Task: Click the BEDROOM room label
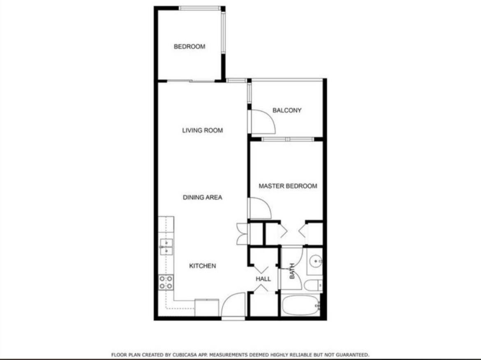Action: pyautogui.click(x=189, y=46)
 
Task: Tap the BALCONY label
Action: pyautogui.click(x=287, y=110)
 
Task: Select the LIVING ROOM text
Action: pyautogui.click(x=202, y=130)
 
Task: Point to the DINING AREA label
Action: pyautogui.click(x=202, y=197)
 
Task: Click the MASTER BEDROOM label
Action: pyautogui.click(x=288, y=186)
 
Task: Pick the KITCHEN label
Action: pyautogui.click(x=202, y=266)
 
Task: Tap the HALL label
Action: pyautogui.click(x=263, y=279)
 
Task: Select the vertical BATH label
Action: pyautogui.click(x=292, y=272)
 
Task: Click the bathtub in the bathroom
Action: pyautogui.click(x=301, y=305)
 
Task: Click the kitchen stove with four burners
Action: pyautogui.click(x=166, y=282)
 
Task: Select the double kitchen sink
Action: pyautogui.click(x=166, y=247)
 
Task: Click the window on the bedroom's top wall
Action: pyautogui.click(x=200, y=8)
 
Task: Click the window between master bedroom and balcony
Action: pyautogui.click(x=288, y=139)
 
